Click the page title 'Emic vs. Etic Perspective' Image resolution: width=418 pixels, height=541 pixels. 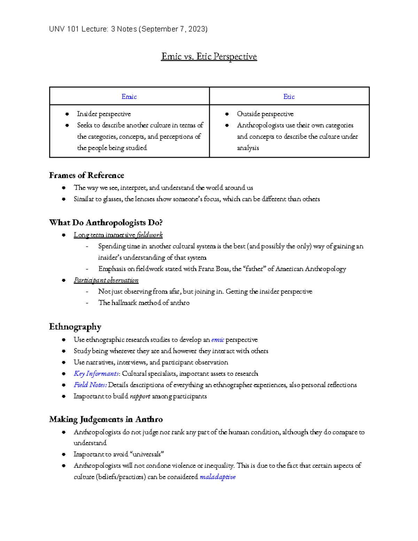[x=209, y=56]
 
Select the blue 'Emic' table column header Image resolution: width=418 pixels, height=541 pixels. [x=129, y=96]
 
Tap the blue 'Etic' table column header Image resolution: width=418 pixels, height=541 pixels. [x=289, y=96]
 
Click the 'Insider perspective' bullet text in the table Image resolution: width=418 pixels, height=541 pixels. [x=104, y=114]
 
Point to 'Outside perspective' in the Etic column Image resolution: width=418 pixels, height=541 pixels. [x=265, y=114]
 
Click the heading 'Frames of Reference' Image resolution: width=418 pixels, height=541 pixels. [x=86, y=175]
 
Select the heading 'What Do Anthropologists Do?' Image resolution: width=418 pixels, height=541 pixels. [x=106, y=223]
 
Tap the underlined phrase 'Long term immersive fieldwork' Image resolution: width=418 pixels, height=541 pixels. [x=118, y=235]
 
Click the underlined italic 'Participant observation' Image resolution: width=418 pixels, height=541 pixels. [x=106, y=280]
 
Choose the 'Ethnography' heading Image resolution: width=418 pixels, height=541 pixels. [x=75, y=327]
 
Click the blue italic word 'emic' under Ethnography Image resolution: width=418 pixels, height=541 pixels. [x=217, y=340]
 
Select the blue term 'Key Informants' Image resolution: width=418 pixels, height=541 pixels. [x=96, y=373]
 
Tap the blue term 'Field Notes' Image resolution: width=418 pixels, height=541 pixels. [x=90, y=385]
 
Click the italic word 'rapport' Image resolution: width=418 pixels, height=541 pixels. [x=140, y=396]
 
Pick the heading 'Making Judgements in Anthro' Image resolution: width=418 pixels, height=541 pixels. [x=106, y=419]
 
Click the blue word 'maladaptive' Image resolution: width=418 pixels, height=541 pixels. [x=217, y=477]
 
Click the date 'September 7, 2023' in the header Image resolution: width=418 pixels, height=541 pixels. [x=173, y=29]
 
